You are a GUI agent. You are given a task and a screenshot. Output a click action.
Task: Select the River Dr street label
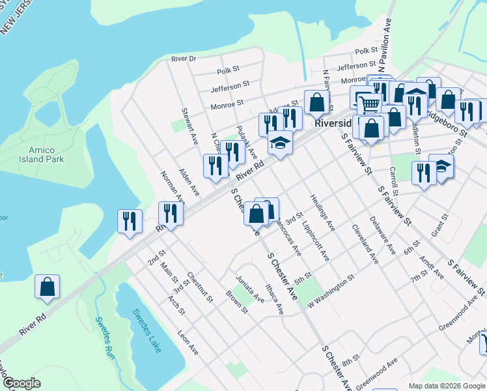[184, 59]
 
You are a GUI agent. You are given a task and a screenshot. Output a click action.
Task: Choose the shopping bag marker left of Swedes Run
[47, 287]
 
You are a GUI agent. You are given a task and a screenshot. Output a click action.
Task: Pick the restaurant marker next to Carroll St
[423, 173]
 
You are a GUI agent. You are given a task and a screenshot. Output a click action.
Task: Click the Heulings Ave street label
[322, 212]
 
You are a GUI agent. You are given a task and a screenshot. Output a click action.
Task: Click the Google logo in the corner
[21, 383]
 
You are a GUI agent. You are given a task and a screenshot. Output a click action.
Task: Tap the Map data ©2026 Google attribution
[446, 386]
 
